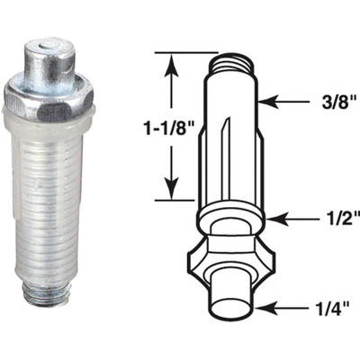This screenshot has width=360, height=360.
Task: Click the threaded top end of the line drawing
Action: click(231, 63)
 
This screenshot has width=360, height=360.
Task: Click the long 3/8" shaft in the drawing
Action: click(233, 135)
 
